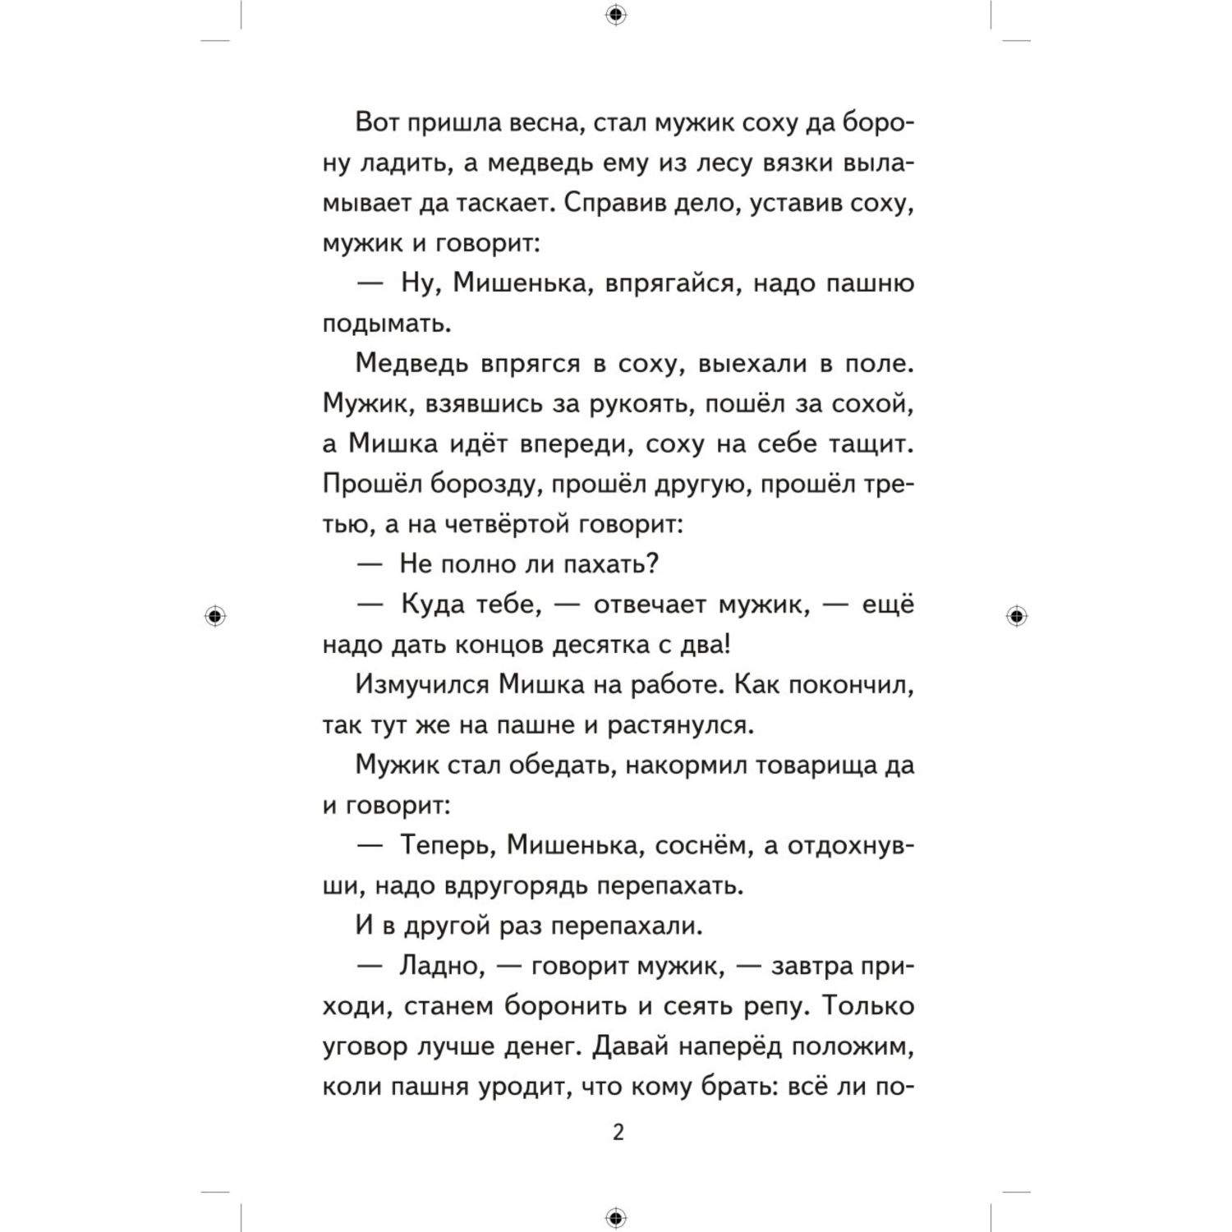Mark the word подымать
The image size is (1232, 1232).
click(386, 324)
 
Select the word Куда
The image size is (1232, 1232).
click(433, 605)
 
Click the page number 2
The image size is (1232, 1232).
click(618, 1133)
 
